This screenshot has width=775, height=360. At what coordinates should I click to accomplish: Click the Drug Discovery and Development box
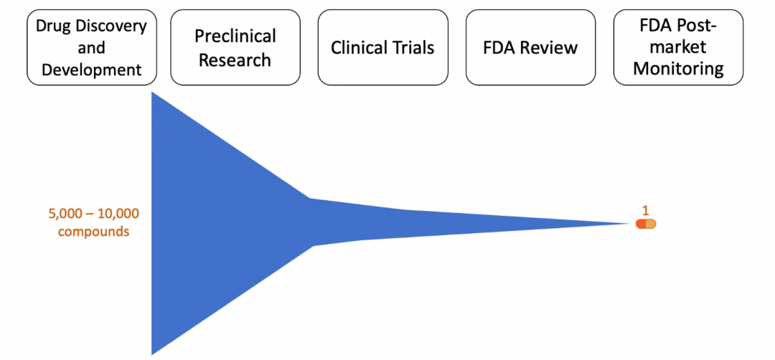91,47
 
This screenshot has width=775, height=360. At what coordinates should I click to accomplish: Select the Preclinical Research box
236,47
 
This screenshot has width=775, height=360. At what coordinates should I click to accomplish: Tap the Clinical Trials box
382,47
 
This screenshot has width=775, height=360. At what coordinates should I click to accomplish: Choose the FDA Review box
530,47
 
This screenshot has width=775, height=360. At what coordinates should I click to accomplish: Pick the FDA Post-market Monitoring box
677,47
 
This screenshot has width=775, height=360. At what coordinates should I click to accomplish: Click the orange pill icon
646,224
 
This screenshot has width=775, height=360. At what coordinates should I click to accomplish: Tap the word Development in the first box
91,70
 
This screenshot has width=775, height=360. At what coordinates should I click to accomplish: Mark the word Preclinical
236,36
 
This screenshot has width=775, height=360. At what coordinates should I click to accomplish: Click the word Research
236,60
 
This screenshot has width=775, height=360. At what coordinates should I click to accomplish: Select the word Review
552,48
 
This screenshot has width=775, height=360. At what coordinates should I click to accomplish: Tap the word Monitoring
677,70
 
